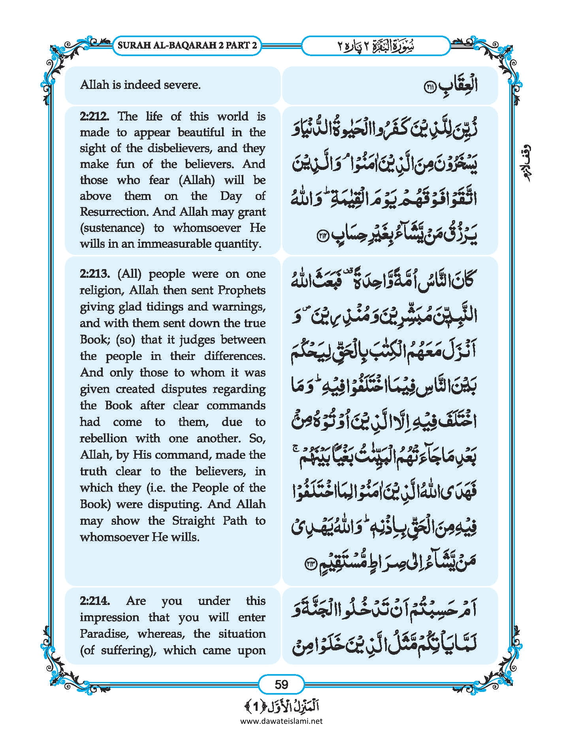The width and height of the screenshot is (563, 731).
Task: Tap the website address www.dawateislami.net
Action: [x=281, y=721]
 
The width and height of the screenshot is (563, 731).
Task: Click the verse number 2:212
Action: [x=93, y=116]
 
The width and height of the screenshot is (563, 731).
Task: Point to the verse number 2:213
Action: [x=94, y=274]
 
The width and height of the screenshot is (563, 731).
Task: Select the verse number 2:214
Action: [x=94, y=601]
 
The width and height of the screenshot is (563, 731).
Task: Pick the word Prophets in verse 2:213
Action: [x=241, y=290]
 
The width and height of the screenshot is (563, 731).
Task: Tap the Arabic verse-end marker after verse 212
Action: [x=324, y=236]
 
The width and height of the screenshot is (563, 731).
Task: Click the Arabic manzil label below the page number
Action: [x=281, y=706]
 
